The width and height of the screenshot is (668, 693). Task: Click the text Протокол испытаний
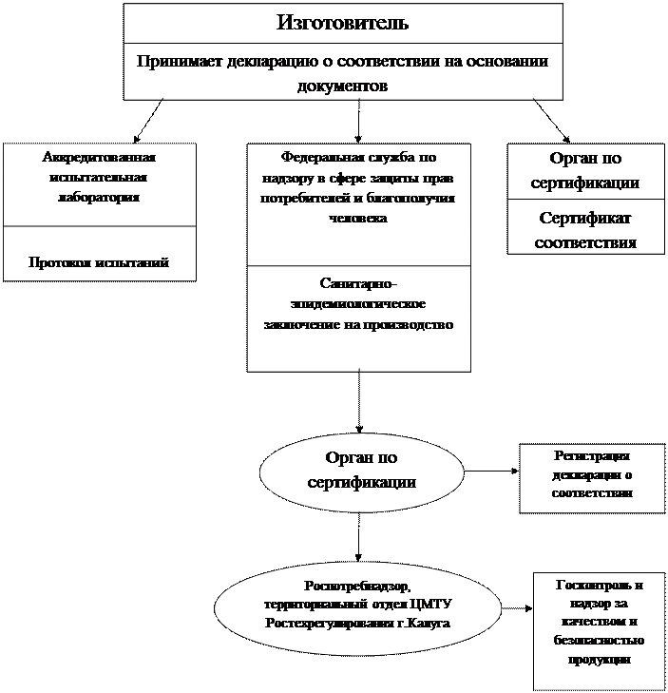(x=99, y=262)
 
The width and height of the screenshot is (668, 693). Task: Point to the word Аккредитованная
(x=99, y=158)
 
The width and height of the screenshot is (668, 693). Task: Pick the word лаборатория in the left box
(x=99, y=198)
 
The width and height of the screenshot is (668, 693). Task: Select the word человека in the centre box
(x=358, y=218)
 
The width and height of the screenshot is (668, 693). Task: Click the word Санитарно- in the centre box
(x=358, y=283)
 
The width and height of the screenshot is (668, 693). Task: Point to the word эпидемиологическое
(x=358, y=303)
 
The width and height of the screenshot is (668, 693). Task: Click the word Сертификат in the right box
(x=584, y=219)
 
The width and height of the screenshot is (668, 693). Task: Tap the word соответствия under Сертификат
(x=584, y=242)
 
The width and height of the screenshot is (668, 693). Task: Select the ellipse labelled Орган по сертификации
(x=361, y=470)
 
